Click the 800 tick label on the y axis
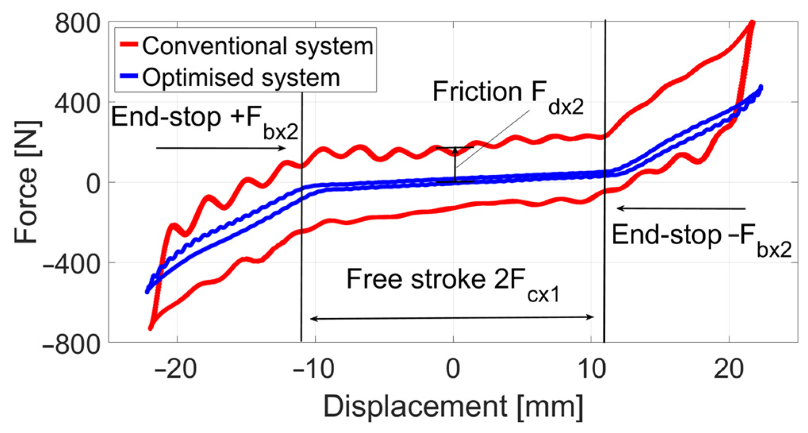(x=77, y=24)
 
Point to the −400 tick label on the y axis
(x=71, y=263)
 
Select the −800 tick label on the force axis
(x=71, y=344)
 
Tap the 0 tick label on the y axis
(x=94, y=184)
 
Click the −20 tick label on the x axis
(x=176, y=369)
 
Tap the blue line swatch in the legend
(x=129, y=76)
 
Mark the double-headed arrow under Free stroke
(x=452, y=318)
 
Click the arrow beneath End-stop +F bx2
(x=221, y=148)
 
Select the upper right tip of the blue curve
(x=760, y=87)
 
